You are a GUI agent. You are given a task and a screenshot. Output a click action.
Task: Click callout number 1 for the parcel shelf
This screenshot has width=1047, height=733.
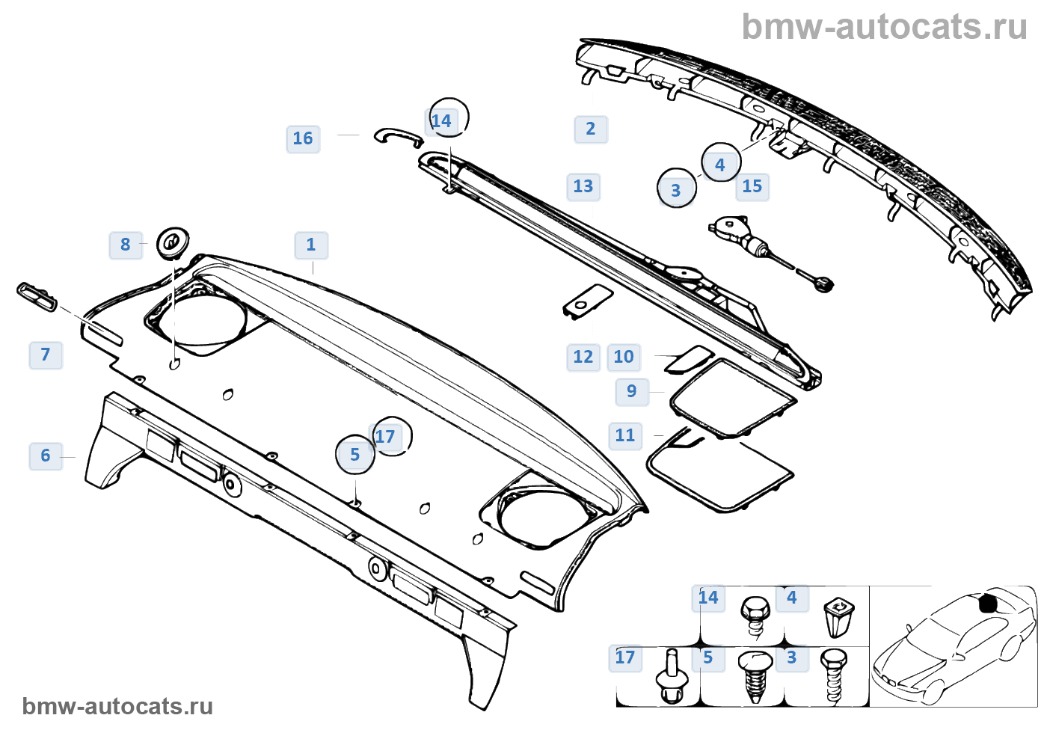pyautogui.click(x=311, y=245)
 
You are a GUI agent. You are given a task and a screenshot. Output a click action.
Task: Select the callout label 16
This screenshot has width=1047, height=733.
pyautogui.click(x=303, y=138)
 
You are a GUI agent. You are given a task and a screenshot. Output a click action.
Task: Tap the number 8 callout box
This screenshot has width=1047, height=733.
pyautogui.click(x=126, y=245)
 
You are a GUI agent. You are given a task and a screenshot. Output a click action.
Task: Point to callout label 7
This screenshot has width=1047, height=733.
pyautogui.click(x=46, y=355)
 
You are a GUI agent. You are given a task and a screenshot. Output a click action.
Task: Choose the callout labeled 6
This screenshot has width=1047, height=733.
pyautogui.click(x=46, y=456)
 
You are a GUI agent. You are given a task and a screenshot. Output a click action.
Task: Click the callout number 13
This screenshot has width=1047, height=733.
pyautogui.click(x=583, y=186)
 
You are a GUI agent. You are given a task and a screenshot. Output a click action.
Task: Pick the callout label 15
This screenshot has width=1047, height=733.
pyautogui.click(x=752, y=186)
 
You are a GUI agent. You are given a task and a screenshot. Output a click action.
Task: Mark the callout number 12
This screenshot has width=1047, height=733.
pyautogui.click(x=583, y=357)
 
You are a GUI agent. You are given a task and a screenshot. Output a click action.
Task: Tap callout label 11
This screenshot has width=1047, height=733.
pyautogui.click(x=625, y=435)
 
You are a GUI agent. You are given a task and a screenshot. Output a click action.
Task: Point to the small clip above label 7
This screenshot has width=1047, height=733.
pyautogui.click(x=37, y=296)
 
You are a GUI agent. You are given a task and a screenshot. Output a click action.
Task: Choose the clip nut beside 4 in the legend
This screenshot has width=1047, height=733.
pyautogui.click(x=838, y=616)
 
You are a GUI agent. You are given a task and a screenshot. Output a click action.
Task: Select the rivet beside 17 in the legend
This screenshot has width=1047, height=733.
pyautogui.click(x=672, y=677)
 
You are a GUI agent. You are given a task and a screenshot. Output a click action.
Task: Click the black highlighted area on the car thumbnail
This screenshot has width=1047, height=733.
pyautogui.click(x=989, y=603)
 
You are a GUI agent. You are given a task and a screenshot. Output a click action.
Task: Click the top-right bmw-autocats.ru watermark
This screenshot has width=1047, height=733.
pyautogui.click(x=884, y=27)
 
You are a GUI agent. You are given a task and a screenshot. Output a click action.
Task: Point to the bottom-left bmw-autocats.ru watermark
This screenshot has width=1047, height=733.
pyautogui.click(x=117, y=706)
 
